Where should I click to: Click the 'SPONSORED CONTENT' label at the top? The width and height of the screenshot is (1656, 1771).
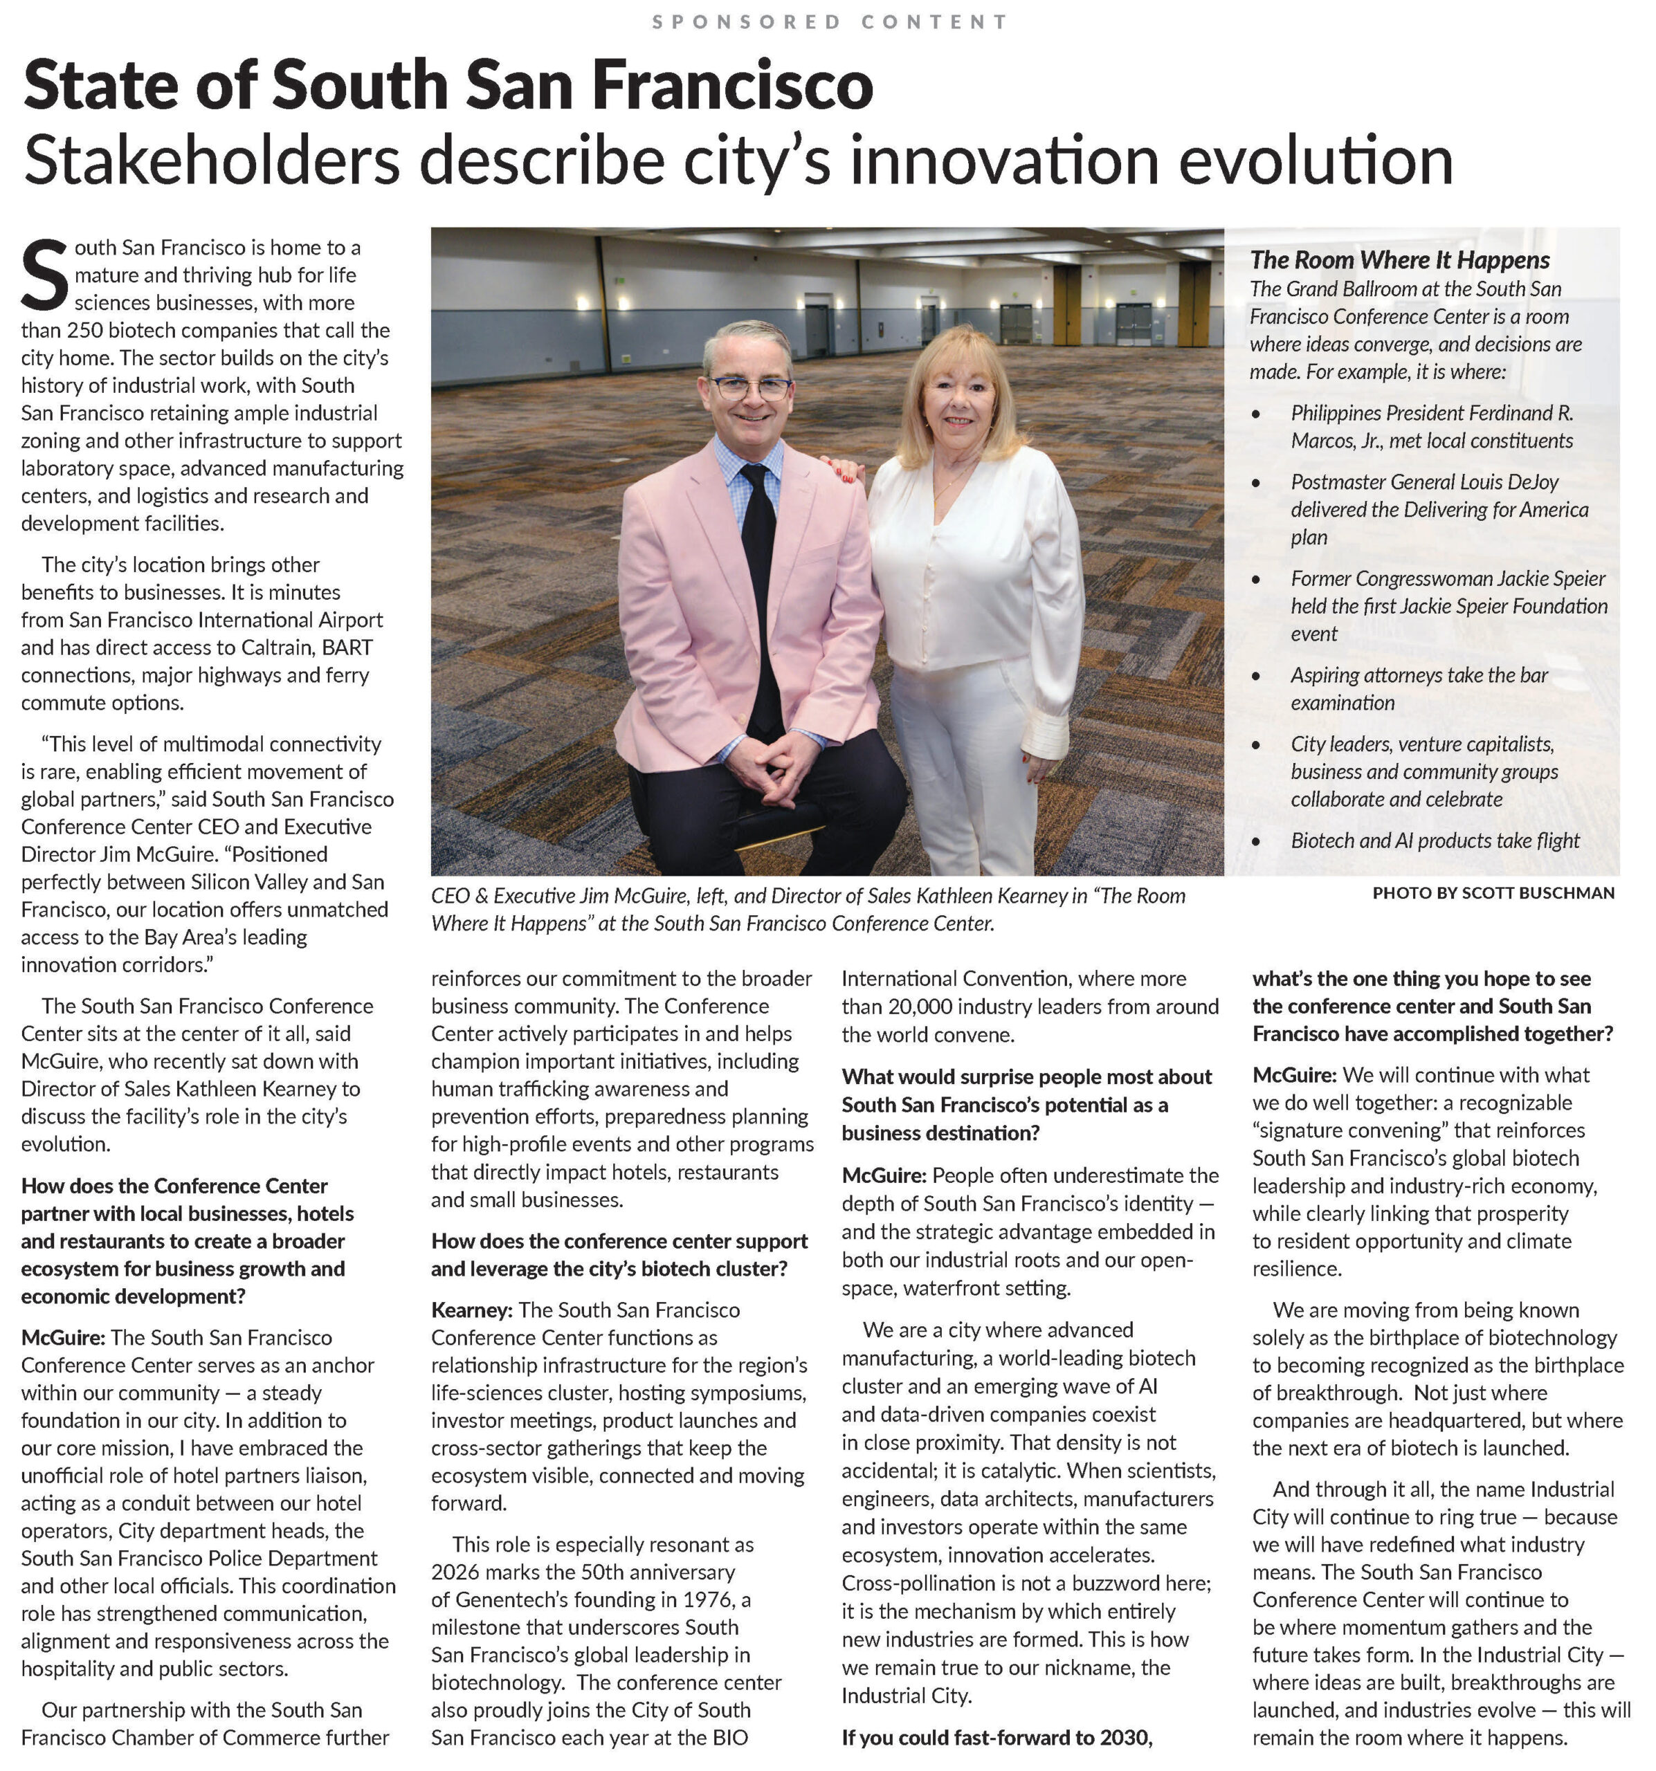point(829,21)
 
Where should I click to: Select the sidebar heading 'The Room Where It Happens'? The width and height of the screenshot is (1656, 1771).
point(1399,259)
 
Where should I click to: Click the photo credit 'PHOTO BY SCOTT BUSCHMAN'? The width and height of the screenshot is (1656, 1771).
point(1493,892)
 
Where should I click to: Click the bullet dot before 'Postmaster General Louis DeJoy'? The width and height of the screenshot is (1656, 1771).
point(1256,483)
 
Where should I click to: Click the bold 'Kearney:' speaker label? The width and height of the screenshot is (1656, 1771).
point(471,1310)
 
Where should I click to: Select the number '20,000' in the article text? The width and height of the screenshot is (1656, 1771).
point(922,1006)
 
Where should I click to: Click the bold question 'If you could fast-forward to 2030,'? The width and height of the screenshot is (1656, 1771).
point(997,1737)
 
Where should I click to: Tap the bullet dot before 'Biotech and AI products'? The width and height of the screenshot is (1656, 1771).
point(1256,841)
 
